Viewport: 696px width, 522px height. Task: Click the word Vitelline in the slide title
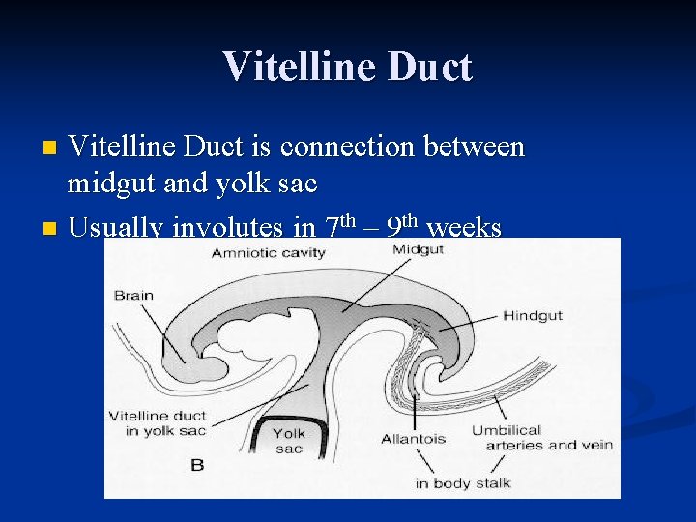tap(302, 68)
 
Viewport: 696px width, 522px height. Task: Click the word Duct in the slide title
tap(431, 68)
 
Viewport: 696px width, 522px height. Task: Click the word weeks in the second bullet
tap(463, 228)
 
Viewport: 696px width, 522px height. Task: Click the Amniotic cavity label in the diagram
tap(270, 252)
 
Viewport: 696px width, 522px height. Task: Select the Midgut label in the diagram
tap(418, 249)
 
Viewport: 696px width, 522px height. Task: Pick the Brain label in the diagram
tap(133, 295)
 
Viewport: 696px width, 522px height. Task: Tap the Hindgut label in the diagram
tap(532, 316)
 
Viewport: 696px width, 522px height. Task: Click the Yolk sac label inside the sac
tap(287, 442)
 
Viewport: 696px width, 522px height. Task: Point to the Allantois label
tap(413, 438)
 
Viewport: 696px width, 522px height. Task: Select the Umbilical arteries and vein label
tap(541, 437)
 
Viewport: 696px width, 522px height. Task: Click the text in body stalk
tap(462, 482)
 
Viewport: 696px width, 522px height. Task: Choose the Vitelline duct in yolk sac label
tap(157, 423)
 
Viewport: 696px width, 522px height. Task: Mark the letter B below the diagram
tap(197, 465)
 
